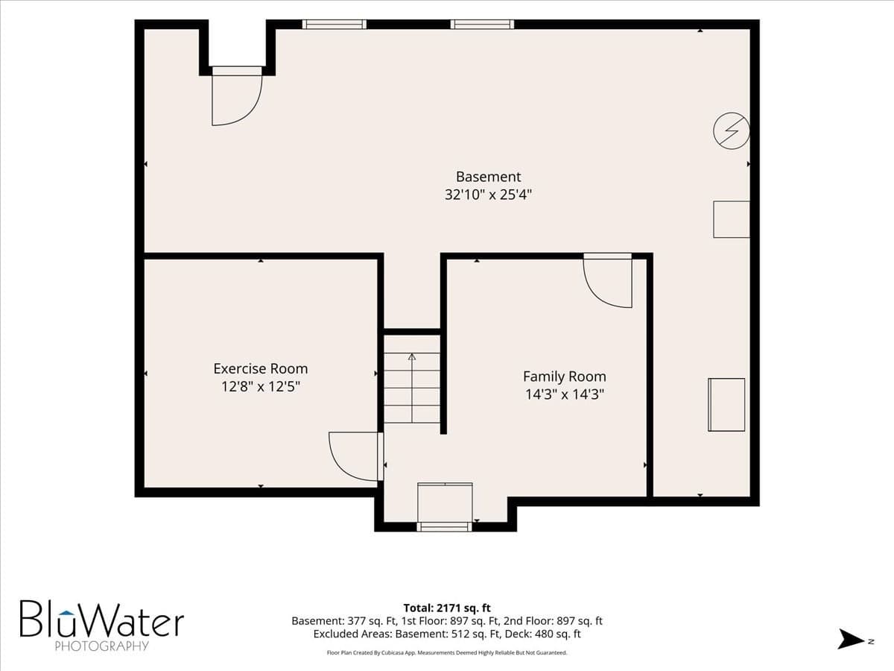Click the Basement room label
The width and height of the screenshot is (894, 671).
point(488,177)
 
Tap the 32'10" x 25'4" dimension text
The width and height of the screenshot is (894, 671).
point(488,195)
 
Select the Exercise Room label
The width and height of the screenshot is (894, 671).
point(261,369)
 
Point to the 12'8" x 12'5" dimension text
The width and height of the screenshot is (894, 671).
point(261,386)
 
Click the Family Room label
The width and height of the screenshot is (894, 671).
point(565,377)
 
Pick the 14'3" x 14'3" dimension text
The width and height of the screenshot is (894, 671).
point(565,394)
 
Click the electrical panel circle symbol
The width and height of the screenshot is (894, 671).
point(732,130)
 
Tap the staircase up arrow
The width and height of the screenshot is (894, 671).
point(412,388)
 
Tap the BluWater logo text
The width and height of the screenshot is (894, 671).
point(102,620)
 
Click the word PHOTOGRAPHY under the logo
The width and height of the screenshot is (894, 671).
point(102,646)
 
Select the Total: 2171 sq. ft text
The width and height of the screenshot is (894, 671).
point(447,608)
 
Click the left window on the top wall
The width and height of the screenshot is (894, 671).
point(335,25)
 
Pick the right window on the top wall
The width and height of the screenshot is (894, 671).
point(482,25)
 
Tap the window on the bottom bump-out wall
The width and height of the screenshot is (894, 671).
point(444,527)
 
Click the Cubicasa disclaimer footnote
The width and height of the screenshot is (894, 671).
point(447,653)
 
